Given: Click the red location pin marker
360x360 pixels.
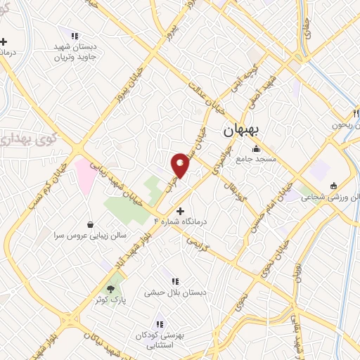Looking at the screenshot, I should click(x=180, y=165).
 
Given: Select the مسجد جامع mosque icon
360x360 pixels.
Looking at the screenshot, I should click(x=255, y=149).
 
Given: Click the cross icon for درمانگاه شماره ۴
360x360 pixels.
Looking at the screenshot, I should click(x=181, y=210).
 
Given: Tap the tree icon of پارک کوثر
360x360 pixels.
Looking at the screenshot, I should click(x=110, y=288).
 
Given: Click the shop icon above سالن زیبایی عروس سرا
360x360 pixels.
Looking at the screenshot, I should click(x=91, y=224).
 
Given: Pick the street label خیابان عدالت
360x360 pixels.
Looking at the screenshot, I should click(x=204, y=99).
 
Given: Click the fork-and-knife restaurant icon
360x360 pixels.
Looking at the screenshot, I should click(x=356, y=113).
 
